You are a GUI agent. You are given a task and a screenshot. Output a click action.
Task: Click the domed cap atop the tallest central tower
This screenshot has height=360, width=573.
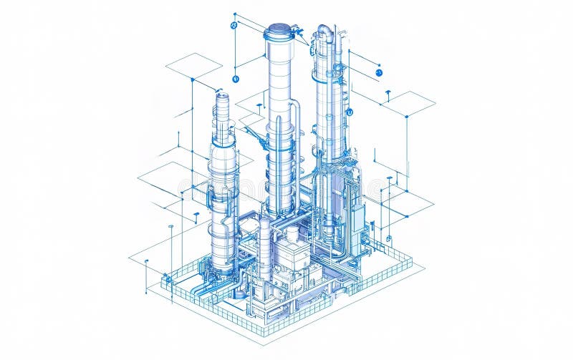(279, 32)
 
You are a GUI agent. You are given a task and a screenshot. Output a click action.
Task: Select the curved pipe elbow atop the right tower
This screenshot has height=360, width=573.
(325, 30)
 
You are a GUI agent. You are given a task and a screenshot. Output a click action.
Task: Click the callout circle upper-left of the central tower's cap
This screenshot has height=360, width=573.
(233, 25)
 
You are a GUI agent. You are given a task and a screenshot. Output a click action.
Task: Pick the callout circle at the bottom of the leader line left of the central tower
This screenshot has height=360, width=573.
(236, 79)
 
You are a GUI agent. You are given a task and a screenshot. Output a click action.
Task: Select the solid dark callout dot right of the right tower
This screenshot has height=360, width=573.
(379, 72)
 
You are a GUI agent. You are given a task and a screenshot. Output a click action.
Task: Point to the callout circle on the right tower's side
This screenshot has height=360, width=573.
(350, 112)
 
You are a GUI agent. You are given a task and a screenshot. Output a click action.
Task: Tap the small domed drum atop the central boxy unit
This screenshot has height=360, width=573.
(292, 235)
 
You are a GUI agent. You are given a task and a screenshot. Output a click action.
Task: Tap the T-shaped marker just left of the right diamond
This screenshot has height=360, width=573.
(387, 93)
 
